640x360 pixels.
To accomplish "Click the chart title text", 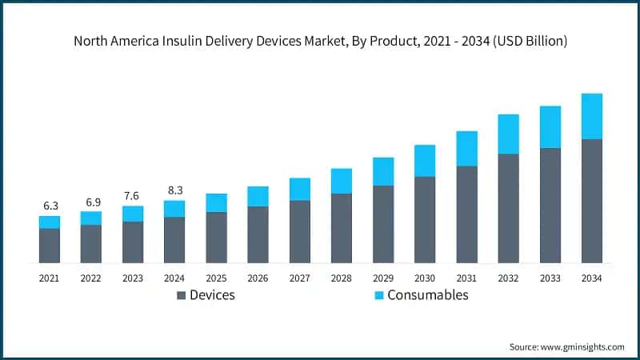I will click(320, 42).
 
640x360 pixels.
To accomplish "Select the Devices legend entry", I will click(212, 295).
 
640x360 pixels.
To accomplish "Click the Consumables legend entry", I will click(428, 295).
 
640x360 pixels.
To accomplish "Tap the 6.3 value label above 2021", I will click(50, 206).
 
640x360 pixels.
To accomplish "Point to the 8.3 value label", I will click(174, 190).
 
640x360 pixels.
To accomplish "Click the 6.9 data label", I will click(91, 202).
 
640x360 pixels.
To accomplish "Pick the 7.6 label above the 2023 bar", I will click(133, 196).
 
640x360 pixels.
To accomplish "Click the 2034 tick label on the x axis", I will click(591, 278).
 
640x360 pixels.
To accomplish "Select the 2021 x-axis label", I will click(50, 278).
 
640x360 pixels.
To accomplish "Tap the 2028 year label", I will click(342, 278).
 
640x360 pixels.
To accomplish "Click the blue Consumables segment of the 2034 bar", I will click(591, 116).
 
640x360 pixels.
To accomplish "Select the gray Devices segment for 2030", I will click(425, 220).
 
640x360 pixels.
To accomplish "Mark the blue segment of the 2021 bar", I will click(50, 222).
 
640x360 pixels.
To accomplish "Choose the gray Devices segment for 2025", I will click(216, 238).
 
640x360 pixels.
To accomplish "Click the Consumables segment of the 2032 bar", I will click(508, 134).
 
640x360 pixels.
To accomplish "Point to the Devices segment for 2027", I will click(300, 232).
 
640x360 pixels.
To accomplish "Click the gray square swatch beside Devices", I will click(181, 296).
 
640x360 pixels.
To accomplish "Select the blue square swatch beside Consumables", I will click(378, 296).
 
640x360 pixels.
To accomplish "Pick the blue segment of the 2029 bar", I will click(383, 171).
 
